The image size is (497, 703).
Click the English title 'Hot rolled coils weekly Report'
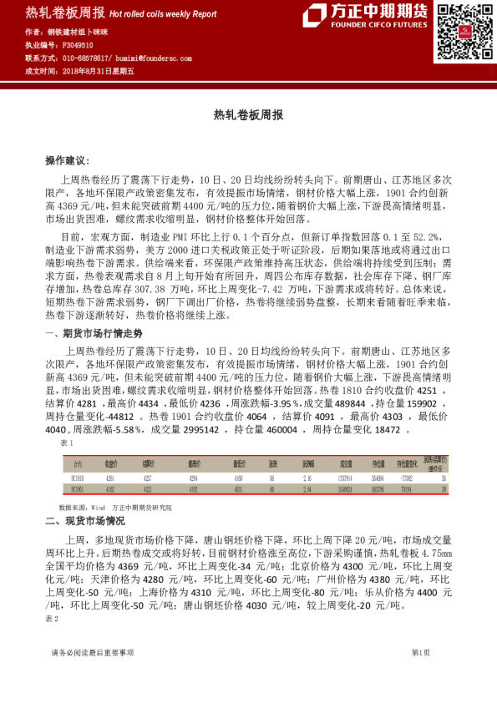[x=162, y=14]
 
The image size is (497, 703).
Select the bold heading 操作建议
[x=67, y=159]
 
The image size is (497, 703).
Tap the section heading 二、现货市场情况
[x=84, y=522]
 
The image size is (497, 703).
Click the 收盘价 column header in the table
[x=109, y=463]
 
